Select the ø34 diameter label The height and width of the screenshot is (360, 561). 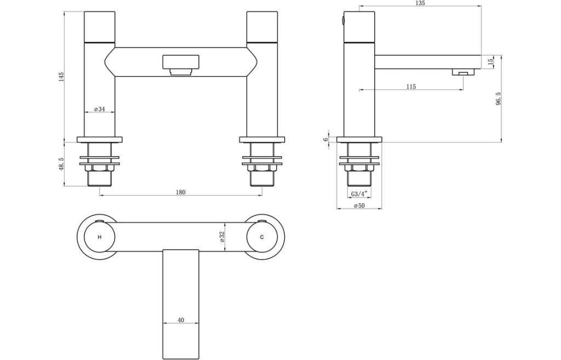[100, 109]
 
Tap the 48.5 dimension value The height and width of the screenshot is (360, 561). [61, 164]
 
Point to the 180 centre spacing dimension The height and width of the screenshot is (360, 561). [181, 192]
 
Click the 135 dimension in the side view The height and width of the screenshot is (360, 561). [420, 3]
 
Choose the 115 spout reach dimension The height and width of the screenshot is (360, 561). [411, 86]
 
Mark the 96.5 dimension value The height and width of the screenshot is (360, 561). [499, 98]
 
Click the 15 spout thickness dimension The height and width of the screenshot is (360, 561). [490, 61]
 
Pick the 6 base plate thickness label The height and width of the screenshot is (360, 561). [325, 140]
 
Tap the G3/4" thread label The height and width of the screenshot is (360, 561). [359, 194]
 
